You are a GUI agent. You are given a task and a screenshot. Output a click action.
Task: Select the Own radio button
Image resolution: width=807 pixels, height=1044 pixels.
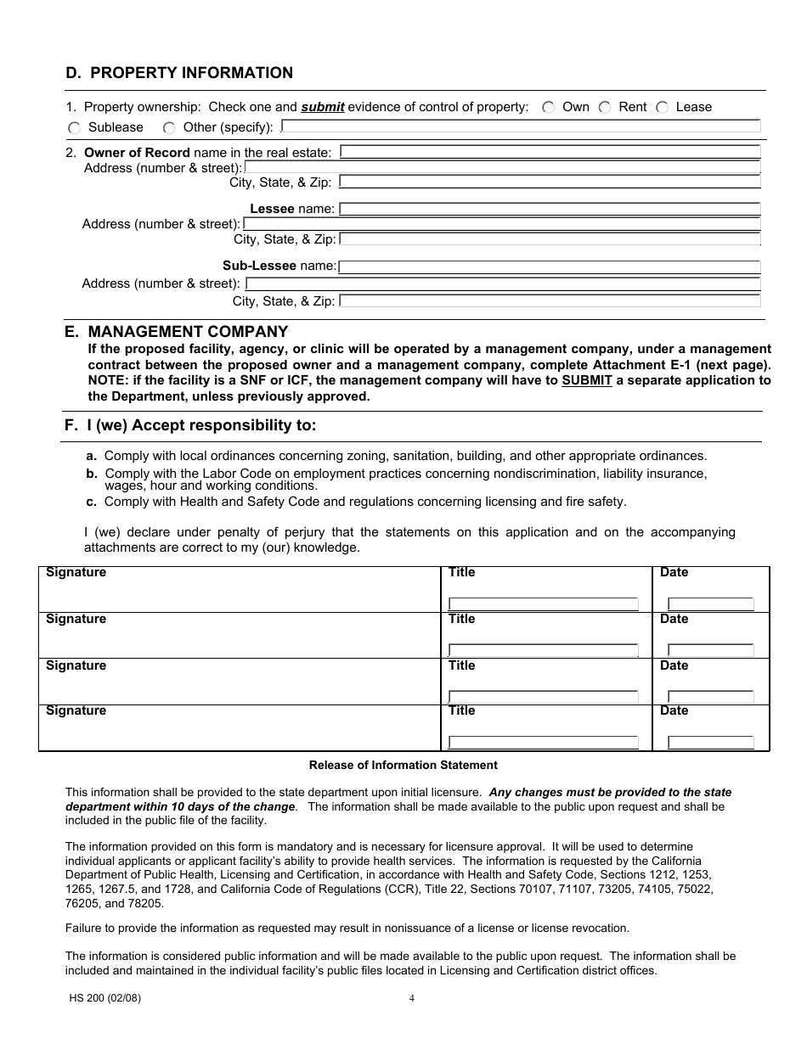coord(549,108)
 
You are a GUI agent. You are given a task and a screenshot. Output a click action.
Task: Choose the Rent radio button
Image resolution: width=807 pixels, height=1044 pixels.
coord(605,108)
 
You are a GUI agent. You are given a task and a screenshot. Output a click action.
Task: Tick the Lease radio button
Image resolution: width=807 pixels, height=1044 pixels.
coord(662,108)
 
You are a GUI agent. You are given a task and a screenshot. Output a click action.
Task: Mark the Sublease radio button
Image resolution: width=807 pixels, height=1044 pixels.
coord(74,128)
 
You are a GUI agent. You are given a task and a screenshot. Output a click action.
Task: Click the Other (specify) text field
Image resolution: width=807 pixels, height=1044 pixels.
coord(520,126)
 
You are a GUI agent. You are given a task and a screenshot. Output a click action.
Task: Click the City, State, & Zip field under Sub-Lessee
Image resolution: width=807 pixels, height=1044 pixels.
coord(550,300)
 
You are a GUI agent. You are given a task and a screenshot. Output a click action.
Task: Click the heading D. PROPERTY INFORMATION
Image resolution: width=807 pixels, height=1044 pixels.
coord(179,73)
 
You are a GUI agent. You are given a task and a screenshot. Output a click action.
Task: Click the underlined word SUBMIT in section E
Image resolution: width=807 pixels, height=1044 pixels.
coord(586,381)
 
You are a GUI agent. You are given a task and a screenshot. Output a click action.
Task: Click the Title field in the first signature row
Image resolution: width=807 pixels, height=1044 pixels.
coord(544,604)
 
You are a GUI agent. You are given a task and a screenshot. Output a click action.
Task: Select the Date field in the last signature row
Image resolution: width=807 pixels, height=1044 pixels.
coord(711,743)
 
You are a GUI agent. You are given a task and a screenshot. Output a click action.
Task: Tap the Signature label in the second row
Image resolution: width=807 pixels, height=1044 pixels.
coord(76,620)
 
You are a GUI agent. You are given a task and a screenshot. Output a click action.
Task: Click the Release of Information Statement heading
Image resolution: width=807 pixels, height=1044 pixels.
coord(403,766)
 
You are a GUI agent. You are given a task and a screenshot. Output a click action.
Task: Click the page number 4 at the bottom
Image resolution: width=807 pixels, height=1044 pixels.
coord(412,998)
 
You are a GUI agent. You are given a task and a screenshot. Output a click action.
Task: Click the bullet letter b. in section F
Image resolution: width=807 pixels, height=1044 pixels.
coord(92,474)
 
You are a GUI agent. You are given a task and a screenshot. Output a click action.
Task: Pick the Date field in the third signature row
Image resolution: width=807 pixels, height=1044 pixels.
coord(711,697)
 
